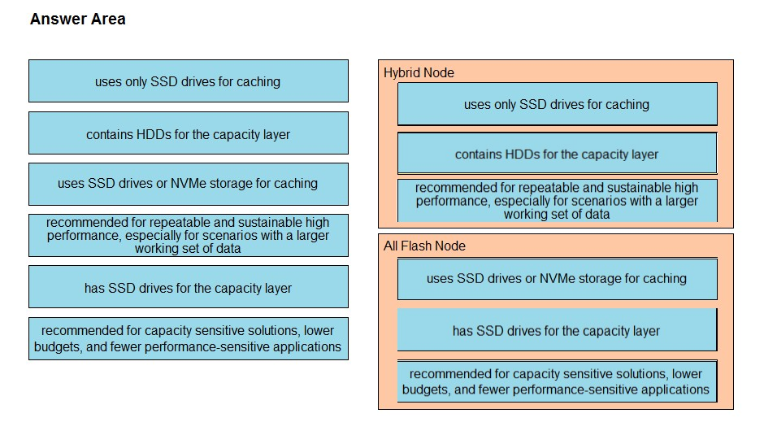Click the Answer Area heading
(78, 19)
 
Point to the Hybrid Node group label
(419, 72)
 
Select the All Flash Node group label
(424, 246)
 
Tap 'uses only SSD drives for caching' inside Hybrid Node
(557, 104)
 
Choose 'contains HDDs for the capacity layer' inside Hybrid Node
(557, 154)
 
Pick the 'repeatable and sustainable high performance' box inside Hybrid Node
(557, 201)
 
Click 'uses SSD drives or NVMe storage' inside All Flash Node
(557, 278)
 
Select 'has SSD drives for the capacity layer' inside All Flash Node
(557, 330)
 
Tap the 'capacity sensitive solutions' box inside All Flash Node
(557, 381)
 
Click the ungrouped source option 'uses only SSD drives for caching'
(188, 81)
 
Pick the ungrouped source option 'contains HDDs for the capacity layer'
(188, 133)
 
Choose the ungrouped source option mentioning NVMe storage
(188, 184)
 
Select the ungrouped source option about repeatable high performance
(188, 235)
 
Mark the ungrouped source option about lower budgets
(188, 339)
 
